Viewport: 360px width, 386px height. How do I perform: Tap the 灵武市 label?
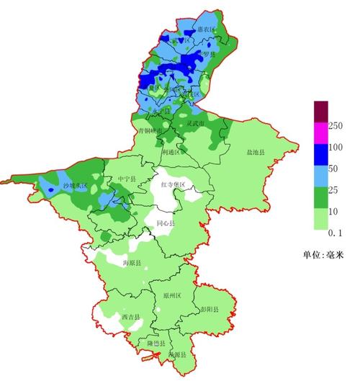196,124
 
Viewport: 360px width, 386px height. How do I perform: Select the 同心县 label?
166,224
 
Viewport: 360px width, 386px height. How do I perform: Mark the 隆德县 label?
157,344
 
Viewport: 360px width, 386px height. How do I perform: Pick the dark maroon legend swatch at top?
320,111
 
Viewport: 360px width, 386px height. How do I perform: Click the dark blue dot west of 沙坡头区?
50,189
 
